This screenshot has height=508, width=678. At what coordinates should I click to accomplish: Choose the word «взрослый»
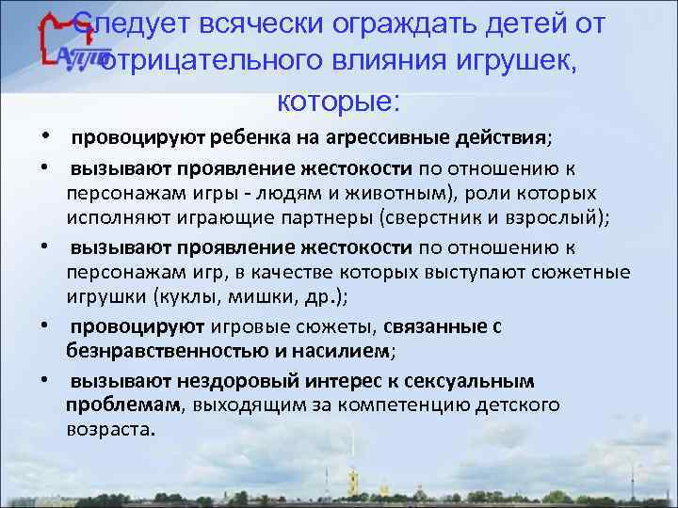click(x=564, y=218)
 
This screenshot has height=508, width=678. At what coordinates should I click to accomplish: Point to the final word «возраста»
click(x=109, y=429)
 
